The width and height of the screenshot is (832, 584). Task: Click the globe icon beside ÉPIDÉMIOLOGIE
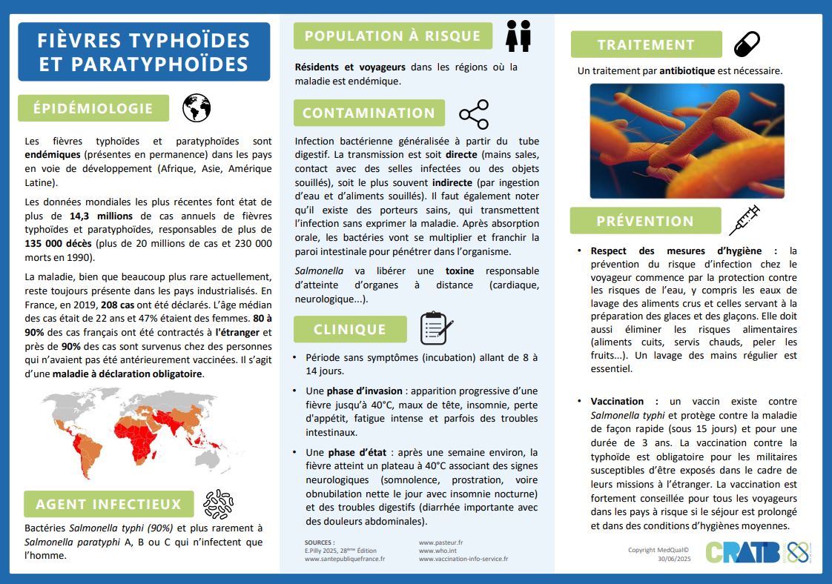pos(197,108)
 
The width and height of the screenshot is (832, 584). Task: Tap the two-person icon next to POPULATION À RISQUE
pos(518,35)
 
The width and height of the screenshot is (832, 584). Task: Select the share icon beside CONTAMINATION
pos(474,113)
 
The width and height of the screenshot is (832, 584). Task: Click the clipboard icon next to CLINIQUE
pos(436,328)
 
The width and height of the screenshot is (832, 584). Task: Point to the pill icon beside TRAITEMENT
pos(747,44)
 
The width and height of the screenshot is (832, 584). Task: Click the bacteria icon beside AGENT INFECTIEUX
pos(218,504)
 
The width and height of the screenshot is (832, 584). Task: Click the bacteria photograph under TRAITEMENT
pos(687,141)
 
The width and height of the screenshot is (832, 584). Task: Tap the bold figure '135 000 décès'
pos(59,244)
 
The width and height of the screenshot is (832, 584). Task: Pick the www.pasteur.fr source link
pos(440,542)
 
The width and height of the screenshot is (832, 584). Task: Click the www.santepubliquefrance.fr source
pos(344,560)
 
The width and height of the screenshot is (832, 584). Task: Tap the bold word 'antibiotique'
pos(687,71)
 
